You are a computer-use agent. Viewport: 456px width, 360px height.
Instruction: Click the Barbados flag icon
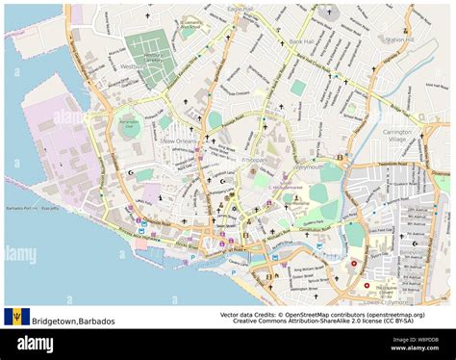tap(15, 317)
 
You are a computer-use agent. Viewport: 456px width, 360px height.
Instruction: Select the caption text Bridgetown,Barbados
tap(73, 321)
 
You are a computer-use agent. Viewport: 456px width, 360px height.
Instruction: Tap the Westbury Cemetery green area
tap(149, 55)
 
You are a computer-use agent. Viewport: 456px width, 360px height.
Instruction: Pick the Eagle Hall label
tap(240, 9)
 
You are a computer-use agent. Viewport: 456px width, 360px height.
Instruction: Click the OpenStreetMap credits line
tap(321, 315)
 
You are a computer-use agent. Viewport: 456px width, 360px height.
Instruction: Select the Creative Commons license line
tap(321, 323)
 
